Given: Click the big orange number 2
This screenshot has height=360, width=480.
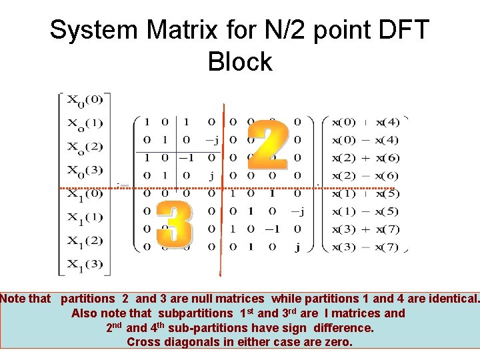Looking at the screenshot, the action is tap(268, 145).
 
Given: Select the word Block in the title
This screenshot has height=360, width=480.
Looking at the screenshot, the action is tap(240, 62).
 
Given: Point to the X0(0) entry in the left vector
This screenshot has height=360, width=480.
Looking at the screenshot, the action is tap(84, 101).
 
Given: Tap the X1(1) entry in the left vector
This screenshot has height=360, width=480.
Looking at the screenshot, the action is tap(84, 217).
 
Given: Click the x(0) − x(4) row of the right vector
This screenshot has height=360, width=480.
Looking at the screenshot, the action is tap(366, 140).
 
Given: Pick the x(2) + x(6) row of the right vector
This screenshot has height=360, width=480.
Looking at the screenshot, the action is tap(366, 158).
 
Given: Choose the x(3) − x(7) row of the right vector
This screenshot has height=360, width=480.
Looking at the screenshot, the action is tap(366, 247).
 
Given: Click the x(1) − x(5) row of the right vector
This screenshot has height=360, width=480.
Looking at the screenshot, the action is tap(366, 211).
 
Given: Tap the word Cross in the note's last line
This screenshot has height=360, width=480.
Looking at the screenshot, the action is tap(143, 342).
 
